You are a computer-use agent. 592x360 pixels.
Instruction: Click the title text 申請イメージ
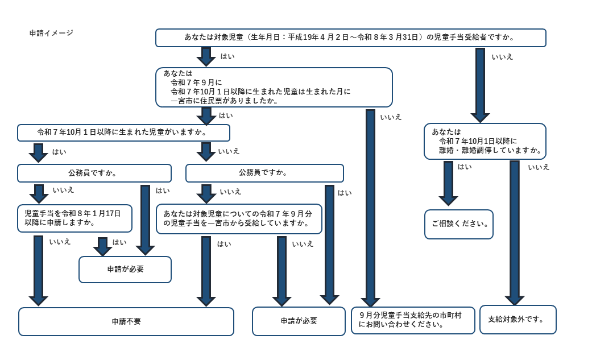(51, 33)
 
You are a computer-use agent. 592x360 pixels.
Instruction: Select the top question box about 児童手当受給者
(350, 38)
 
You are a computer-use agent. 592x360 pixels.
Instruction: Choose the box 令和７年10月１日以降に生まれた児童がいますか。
(123, 133)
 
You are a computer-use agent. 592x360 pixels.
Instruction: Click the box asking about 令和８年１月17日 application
(74, 218)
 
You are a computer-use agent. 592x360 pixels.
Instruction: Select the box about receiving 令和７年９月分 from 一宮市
(239, 219)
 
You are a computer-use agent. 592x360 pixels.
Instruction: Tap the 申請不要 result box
(126, 321)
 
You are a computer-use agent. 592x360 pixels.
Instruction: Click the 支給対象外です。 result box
(518, 320)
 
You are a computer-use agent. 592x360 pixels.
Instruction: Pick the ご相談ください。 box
(459, 224)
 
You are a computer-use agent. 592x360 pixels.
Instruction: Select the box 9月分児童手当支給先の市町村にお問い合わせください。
(412, 320)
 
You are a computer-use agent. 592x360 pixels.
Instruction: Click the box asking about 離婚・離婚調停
(485, 141)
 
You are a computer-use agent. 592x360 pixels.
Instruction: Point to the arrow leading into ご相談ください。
(448, 183)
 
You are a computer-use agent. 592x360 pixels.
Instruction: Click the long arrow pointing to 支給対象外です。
(514, 233)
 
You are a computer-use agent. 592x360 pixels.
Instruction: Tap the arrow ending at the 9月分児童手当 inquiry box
(370, 208)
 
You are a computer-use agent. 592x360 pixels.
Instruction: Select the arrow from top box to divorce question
(480, 85)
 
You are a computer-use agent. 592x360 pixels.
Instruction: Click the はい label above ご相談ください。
(465, 167)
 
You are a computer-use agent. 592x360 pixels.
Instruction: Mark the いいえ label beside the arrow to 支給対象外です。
(539, 167)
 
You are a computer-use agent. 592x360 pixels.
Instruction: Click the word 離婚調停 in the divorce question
(500, 151)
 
